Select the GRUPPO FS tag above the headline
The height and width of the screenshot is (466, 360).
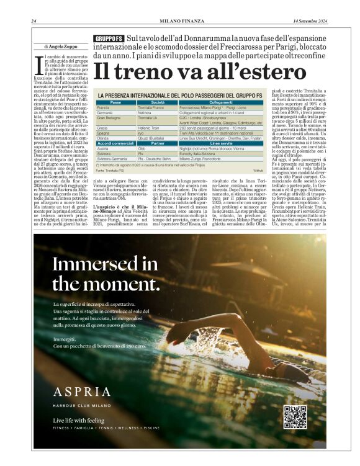coord(108,39)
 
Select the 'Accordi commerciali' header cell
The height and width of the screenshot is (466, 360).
coord(115,143)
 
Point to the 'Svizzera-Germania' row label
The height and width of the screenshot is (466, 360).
coord(112,159)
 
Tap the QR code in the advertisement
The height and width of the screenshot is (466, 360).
coord(295,417)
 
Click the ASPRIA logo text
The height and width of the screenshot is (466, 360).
coord(83,392)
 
